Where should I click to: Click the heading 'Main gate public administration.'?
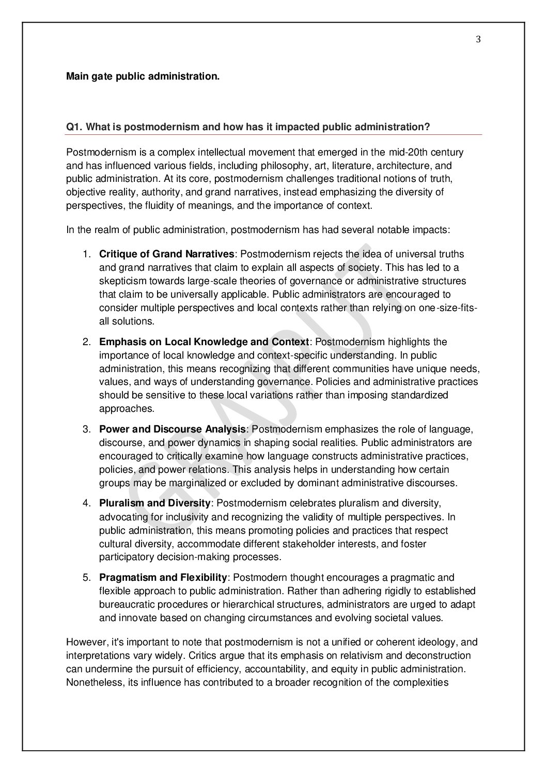[143, 76]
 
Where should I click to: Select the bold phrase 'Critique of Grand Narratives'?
[167, 254]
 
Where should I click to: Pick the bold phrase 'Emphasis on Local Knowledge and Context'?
[204, 342]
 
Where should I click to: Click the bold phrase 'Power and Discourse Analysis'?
[172, 429]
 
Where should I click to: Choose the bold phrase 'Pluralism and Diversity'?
[154, 503]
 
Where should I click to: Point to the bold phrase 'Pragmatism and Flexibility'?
[163, 577]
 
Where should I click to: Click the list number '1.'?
[87, 254]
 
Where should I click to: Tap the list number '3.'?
[87, 429]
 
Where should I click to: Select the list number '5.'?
[87, 577]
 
